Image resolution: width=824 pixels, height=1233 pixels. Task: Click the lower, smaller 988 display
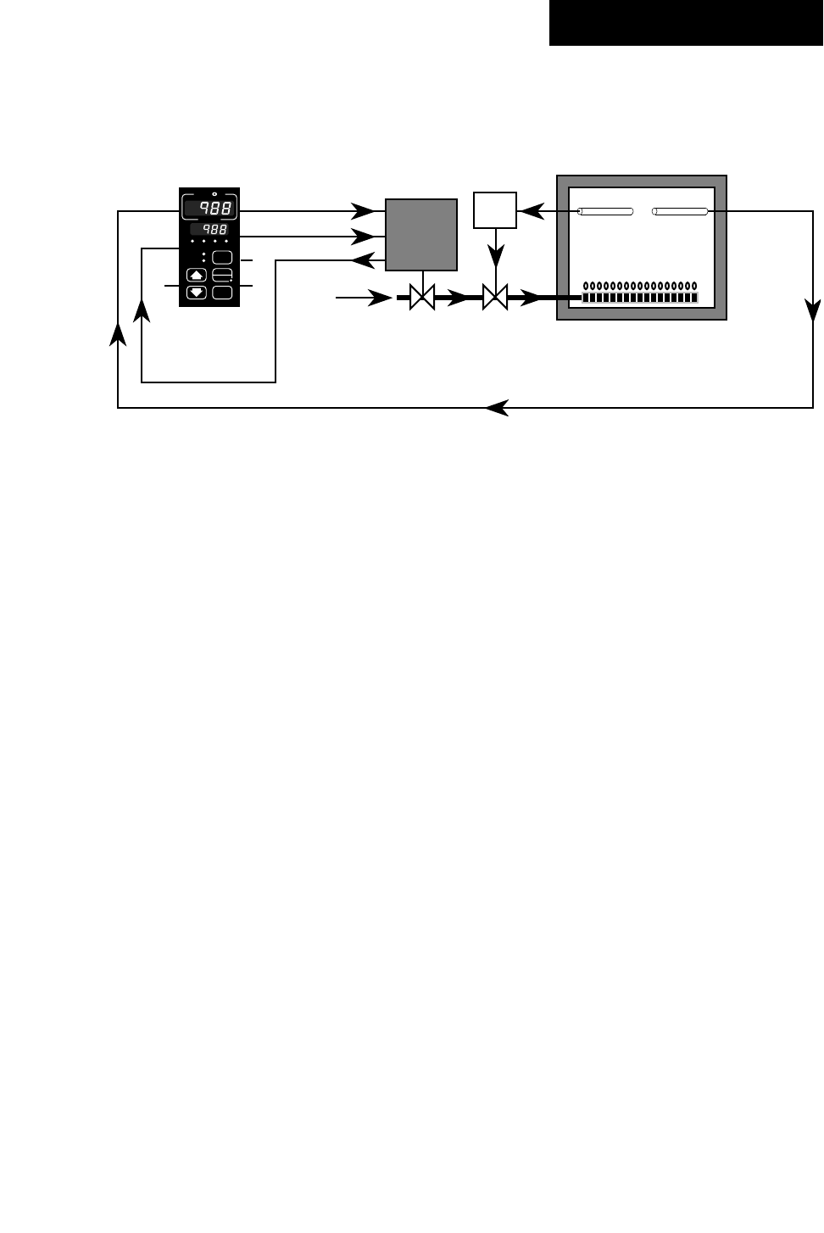pyautogui.click(x=209, y=230)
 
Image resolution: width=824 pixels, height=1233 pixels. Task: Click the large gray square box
pyautogui.click(x=421, y=235)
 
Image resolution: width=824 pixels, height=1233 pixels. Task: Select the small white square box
pyautogui.click(x=495, y=210)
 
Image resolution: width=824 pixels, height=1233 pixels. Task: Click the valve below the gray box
pyautogui.click(x=422, y=298)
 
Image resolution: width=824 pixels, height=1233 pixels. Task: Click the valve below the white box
pyautogui.click(x=495, y=298)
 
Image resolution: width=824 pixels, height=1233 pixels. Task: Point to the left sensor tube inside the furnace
pyautogui.click(x=605, y=211)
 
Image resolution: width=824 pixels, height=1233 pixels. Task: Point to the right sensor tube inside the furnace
pyautogui.click(x=680, y=211)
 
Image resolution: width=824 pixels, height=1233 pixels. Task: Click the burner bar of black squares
pyautogui.click(x=640, y=298)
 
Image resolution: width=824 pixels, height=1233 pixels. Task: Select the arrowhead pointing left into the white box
pyautogui.click(x=530, y=211)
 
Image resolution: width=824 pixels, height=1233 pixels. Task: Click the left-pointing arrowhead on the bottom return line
pyautogui.click(x=497, y=408)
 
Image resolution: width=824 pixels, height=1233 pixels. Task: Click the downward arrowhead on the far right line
pyautogui.click(x=813, y=310)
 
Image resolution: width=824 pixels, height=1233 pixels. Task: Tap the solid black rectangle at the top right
pyautogui.click(x=686, y=23)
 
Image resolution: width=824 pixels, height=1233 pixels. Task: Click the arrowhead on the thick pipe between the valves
pyautogui.click(x=458, y=298)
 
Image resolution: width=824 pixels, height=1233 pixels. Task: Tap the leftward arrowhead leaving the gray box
pyautogui.click(x=362, y=260)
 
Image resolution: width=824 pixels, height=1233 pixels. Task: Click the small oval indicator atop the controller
pyautogui.click(x=214, y=194)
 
